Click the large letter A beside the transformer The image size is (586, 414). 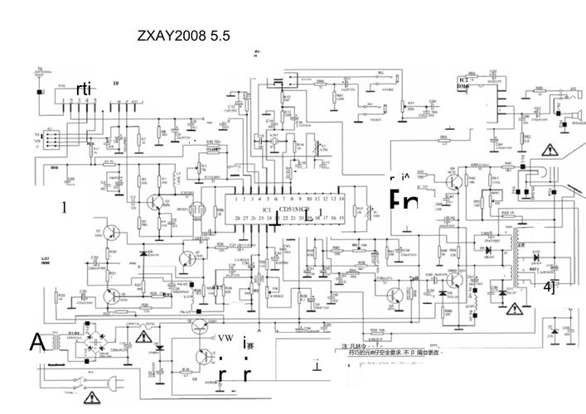(37, 341)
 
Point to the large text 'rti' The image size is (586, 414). (84, 88)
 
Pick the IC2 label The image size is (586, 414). (462, 78)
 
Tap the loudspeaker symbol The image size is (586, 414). (570, 108)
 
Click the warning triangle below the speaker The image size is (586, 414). (549, 150)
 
